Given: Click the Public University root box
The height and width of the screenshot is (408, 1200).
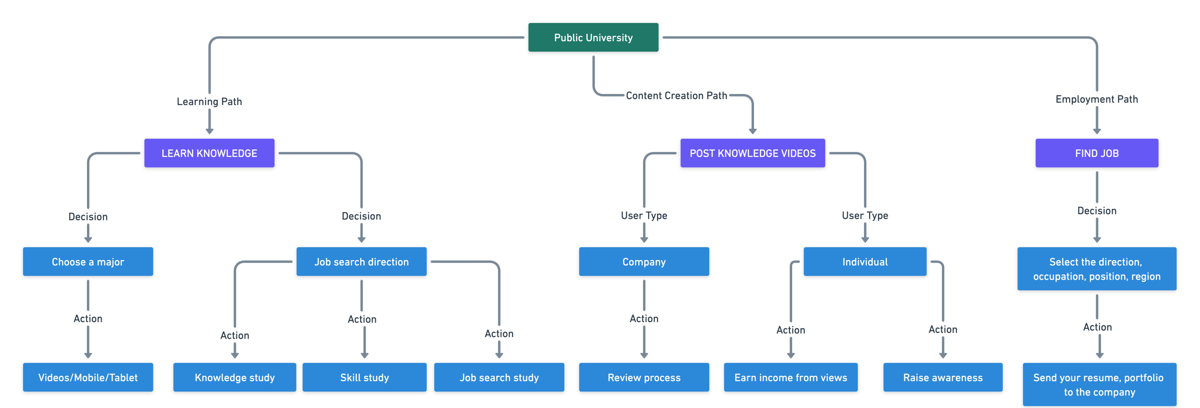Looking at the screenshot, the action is (593, 37).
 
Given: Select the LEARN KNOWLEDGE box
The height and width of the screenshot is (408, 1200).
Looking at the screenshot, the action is (209, 153).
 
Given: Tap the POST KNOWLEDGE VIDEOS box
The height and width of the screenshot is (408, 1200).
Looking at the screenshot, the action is (752, 153).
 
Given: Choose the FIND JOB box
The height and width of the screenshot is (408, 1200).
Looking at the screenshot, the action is (1097, 153).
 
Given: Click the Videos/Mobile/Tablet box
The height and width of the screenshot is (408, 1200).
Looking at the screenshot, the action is (88, 377).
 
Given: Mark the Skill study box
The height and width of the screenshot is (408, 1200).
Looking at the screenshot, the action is (364, 377).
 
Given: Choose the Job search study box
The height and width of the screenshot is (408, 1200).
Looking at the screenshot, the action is (499, 377).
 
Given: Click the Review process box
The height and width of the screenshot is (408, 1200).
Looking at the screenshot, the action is (644, 377).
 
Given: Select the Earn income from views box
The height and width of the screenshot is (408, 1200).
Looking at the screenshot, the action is (790, 377).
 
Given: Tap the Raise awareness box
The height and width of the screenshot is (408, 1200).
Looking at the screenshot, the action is (943, 377).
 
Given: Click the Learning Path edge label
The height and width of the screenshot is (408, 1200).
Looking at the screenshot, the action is (209, 101).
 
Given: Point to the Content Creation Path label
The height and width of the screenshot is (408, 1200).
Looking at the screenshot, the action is (676, 95).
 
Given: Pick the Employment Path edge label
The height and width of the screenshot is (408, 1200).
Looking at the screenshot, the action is (1097, 99).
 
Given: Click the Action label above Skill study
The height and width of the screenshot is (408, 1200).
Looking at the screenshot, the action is (362, 319).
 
